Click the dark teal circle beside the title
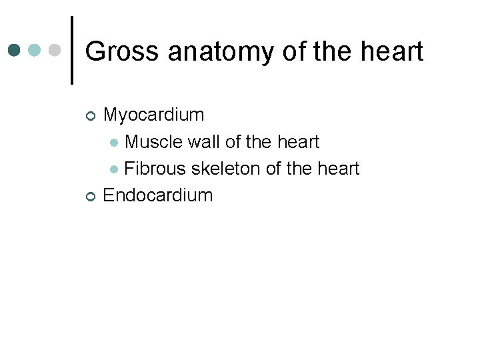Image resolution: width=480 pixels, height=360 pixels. [x=15, y=51]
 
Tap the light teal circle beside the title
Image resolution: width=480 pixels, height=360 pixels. [x=35, y=51]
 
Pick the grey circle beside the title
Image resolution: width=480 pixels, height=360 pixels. [x=55, y=51]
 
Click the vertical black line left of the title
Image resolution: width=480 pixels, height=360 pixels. [x=71, y=51]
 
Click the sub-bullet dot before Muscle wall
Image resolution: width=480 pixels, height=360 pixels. [x=115, y=143]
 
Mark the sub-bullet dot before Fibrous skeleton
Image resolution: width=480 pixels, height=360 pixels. [x=115, y=169]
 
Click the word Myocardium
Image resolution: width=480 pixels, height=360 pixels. [x=154, y=115]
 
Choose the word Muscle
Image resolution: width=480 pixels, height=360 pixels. [x=154, y=142]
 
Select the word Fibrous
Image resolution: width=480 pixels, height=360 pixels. [x=155, y=169]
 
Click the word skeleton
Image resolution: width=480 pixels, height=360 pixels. [x=226, y=169]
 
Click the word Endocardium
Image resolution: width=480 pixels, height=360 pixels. [x=158, y=195]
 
